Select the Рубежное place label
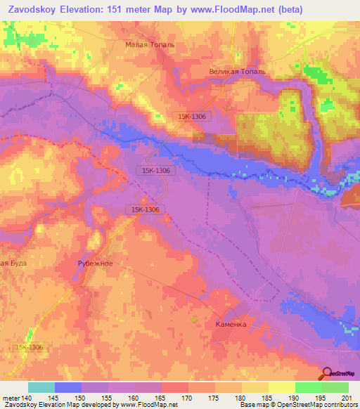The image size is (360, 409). (95, 264)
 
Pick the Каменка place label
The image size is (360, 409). (231, 325)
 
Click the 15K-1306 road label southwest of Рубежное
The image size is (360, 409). (27, 347)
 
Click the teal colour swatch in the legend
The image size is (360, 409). (41, 387)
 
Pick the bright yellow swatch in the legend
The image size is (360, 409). (281, 387)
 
